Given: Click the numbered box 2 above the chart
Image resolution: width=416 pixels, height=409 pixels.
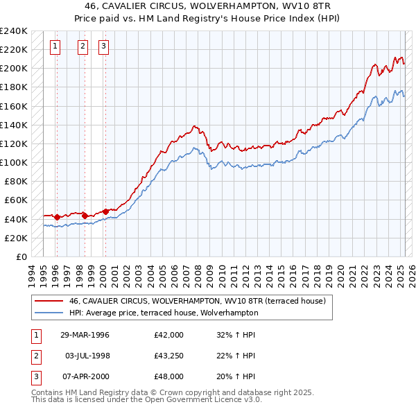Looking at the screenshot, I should coord(83,47).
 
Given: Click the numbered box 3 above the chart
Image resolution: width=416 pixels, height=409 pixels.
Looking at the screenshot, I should coord(103,47).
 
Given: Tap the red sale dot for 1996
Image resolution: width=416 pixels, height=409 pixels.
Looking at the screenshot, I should coord(57,217).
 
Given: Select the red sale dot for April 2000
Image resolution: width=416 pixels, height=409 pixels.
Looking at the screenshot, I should coord(105,211).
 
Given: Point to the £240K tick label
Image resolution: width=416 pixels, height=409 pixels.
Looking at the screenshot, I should coord(14,31).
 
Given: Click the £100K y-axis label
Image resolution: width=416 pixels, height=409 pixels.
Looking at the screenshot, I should coord(14,162).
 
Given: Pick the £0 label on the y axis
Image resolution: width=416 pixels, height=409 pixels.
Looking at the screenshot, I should coord(21,256).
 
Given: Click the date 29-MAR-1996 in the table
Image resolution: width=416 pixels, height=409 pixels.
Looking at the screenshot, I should coord(85,335).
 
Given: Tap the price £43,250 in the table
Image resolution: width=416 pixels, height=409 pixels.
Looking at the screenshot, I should coord(169,356).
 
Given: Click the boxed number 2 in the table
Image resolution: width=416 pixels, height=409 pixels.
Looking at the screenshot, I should coord(34,356).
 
